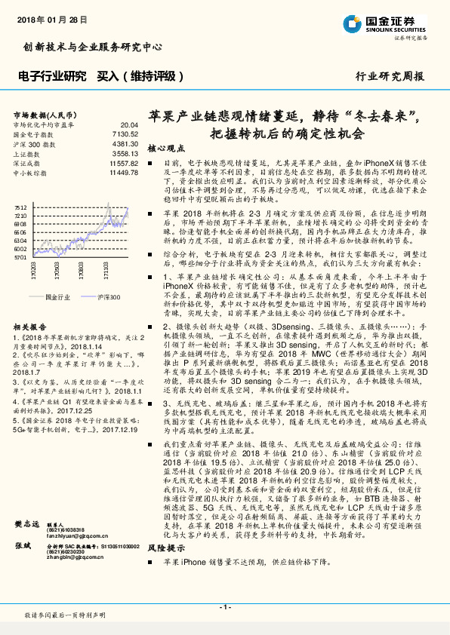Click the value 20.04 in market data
pos(128,124)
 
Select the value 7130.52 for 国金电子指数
pos(125,133)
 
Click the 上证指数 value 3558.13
pos(125,153)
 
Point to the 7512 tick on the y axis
pos(20,207)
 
